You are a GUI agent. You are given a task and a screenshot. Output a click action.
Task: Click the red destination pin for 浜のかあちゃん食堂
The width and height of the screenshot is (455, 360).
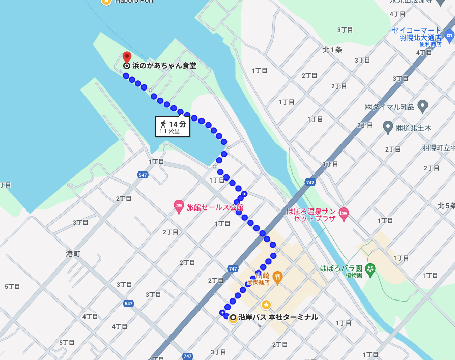click(127, 56)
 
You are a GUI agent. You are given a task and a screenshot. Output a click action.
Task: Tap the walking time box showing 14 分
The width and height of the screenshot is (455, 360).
click(173, 127)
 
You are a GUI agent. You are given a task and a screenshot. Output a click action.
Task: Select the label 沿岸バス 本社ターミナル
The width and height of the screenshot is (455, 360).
click(278, 317)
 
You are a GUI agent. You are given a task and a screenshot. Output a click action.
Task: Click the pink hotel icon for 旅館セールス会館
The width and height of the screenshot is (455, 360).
click(179, 206)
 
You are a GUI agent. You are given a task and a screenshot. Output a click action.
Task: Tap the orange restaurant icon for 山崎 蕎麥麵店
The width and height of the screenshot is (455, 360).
click(277, 277)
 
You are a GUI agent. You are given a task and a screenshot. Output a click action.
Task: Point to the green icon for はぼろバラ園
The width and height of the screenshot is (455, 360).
click(371, 268)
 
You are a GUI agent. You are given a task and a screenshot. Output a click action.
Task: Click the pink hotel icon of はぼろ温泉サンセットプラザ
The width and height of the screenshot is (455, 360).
click(344, 214)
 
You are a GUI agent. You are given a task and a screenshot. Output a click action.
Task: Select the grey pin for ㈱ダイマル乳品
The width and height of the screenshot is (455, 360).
click(422, 106)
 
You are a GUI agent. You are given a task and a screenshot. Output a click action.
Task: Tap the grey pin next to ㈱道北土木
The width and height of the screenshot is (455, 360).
click(388, 127)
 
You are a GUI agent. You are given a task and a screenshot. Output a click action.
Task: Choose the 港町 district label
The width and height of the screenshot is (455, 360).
click(73, 253)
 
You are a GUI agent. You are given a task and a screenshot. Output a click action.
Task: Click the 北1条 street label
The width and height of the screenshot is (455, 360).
click(332, 50)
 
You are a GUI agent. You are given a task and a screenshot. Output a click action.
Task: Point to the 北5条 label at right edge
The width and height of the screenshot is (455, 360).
click(446, 206)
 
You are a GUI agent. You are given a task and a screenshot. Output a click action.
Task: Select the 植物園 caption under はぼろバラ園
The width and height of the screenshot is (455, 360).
click(353, 275)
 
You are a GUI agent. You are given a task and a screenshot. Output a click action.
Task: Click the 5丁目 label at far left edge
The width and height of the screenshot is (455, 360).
click(12, 286)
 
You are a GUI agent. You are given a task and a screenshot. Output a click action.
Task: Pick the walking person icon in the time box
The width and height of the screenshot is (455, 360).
click(163, 124)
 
